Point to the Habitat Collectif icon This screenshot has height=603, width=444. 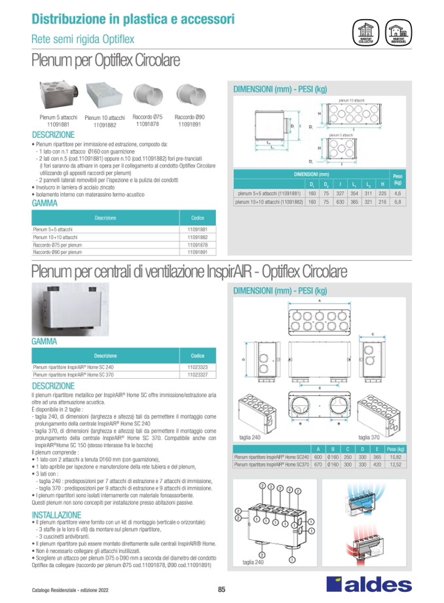365,31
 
